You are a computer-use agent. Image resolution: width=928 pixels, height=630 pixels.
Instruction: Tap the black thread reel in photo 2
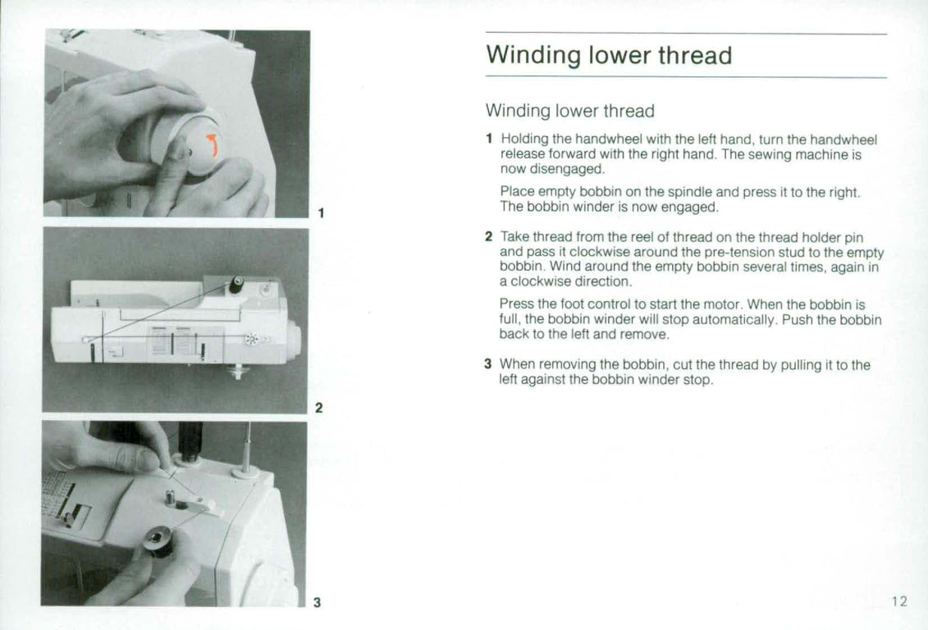[x=235, y=285]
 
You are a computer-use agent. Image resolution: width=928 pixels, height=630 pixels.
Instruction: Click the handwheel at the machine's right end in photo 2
[x=295, y=339]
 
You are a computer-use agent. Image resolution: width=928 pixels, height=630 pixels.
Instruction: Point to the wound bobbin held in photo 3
[x=158, y=541]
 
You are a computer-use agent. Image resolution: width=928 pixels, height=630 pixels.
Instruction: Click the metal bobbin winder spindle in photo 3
[x=171, y=498]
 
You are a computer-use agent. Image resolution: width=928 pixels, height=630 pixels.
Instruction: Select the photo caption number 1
[x=321, y=213]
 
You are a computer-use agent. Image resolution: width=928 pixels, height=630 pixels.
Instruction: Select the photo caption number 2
[x=319, y=408]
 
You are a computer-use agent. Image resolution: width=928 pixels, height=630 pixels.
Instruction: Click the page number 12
[x=899, y=601]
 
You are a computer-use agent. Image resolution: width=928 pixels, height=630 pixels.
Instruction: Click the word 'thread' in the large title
[x=693, y=56]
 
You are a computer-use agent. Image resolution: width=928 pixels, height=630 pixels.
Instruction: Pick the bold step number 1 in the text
[x=488, y=139]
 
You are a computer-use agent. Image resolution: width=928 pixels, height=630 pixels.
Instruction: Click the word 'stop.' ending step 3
[x=697, y=380]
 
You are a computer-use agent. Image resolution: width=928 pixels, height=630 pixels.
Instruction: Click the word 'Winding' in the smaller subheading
[x=517, y=111]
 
